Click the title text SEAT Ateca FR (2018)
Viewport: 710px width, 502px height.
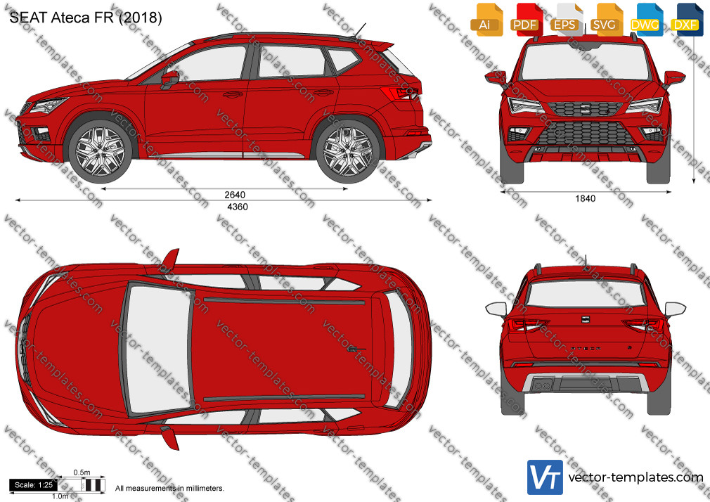point(86,17)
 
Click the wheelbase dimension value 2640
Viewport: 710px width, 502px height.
point(235,195)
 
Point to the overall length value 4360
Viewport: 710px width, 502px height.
point(238,207)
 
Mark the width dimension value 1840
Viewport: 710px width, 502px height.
point(585,198)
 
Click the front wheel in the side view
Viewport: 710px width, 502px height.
point(100,151)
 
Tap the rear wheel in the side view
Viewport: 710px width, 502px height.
point(348,151)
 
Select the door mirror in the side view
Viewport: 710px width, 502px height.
point(169,79)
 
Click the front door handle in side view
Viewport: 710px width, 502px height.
point(233,95)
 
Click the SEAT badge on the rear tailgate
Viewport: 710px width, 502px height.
point(586,319)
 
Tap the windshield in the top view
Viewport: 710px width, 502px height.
point(158,349)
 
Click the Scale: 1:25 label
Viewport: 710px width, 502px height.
point(34,485)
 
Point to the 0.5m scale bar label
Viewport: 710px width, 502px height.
point(82,472)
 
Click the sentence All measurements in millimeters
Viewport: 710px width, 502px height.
point(169,489)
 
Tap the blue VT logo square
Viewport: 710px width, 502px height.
point(546,477)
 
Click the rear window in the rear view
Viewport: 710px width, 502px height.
point(586,294)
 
